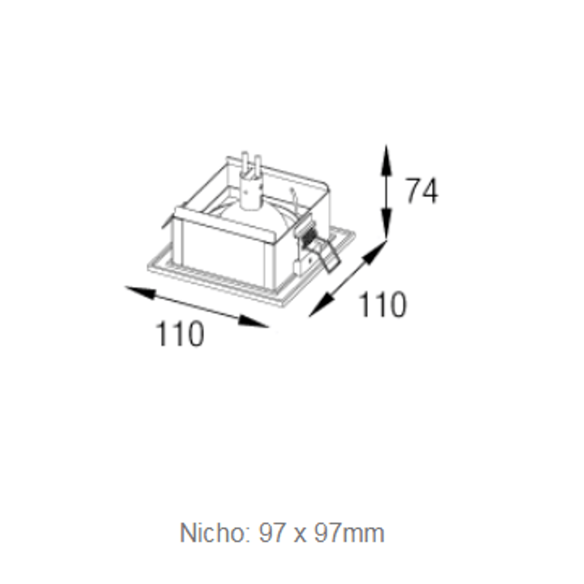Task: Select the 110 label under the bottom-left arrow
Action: pos(180,333)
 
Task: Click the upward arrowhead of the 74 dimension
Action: pos(386,160)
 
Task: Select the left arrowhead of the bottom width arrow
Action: pos(140,293)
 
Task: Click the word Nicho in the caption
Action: pos(211,533)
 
